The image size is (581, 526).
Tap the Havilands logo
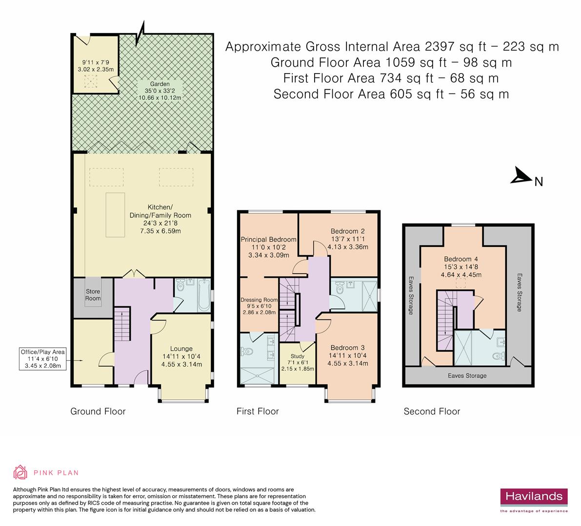click(x=534, y=500)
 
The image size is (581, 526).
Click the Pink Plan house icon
click(x=20, y=472)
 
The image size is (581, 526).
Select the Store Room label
click(x=93, y=295)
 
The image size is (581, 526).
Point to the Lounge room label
click(x=181, y=348)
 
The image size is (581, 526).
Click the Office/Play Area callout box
click(x=43, y=359)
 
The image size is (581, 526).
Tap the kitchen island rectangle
click(x=115, y=215)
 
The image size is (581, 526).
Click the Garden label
click(x=160, y=84)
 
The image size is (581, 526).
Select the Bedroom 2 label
click(x=347, y=231)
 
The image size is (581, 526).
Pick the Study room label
click(x=298, y=356)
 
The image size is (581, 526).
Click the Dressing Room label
click(x=259, y=300)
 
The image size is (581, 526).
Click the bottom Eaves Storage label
click(x=467, y=376)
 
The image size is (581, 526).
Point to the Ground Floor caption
click(x=98, y=412)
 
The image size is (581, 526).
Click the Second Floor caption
click(x=432, y=412)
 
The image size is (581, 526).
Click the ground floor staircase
click(x=122, y=324)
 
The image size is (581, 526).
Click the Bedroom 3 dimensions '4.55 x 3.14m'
click(x=347, y=363)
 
